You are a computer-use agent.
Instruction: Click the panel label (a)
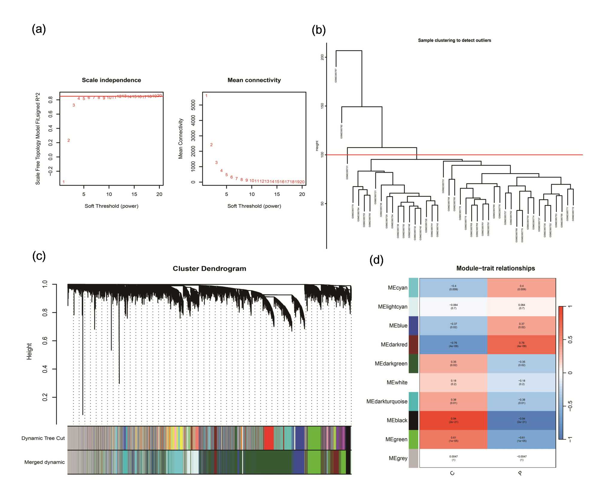39,29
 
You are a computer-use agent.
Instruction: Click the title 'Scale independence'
111,80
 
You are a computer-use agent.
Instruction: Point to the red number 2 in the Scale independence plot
69,140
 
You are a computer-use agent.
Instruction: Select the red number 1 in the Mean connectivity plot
206,96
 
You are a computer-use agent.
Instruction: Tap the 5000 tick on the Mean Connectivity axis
193,105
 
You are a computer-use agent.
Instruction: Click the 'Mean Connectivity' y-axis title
180,138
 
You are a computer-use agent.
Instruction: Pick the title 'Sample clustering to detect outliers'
454,40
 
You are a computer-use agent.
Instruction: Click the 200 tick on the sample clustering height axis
322,57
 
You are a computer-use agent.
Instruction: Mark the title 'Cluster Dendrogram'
209,268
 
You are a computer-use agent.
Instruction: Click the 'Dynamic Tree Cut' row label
43,438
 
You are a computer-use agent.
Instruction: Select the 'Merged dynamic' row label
45,462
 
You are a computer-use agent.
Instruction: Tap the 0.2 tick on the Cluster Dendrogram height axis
45,397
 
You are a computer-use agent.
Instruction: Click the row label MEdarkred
394,344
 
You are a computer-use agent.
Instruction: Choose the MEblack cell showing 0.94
453,420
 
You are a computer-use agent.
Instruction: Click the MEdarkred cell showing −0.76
453,344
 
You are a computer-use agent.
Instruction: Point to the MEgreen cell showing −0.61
521,439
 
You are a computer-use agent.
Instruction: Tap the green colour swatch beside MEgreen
413,439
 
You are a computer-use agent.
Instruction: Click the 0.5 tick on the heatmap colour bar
570,340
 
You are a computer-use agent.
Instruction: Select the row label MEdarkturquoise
387,401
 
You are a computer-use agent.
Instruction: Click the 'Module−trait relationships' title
495,268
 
